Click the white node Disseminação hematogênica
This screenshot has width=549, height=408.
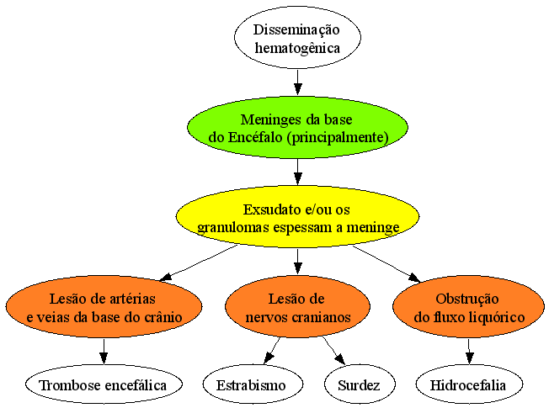point(297,38)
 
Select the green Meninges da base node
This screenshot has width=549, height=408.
point(297,127)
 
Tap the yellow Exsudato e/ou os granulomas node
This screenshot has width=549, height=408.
point(297,217)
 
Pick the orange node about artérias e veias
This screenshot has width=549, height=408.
point(104,307)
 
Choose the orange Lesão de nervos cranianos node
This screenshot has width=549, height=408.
point(297,307)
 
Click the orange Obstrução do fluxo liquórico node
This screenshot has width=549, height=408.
point(468,307)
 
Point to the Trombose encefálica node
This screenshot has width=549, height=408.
point(104,384)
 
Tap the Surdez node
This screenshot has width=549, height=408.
point(360,384)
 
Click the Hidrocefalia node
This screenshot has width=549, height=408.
point(469,384)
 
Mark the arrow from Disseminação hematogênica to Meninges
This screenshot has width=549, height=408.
point(297,82)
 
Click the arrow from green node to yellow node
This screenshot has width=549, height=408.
point(297,172)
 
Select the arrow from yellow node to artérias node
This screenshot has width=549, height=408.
point(198,263)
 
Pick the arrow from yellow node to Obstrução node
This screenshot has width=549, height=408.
point(386,264)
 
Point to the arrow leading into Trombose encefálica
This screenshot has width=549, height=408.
point(104,352)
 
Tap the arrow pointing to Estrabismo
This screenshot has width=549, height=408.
point(272,351)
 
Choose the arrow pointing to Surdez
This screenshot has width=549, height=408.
point(333,351)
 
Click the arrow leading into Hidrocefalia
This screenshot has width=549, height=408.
point(469,352)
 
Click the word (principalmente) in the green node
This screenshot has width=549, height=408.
point(338,137)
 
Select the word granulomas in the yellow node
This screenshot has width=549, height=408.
point(233,227)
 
